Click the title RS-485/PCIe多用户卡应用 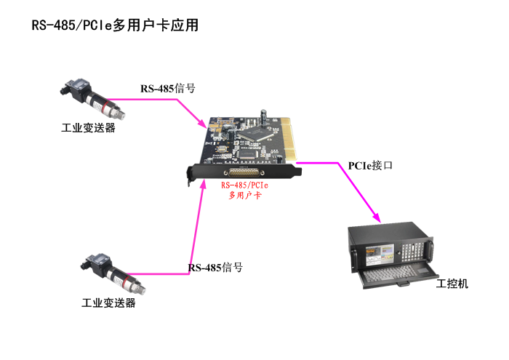pos(115,25)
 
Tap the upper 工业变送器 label pos(88,128)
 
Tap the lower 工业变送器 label pos(108,303)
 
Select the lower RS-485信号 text pos(215,268)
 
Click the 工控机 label pos(452,284)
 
